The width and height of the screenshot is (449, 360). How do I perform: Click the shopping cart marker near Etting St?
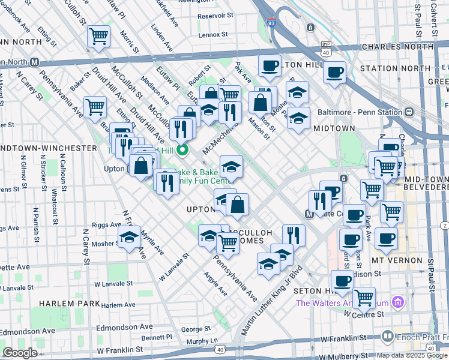click(99, 35)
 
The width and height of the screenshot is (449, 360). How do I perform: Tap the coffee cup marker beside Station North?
click(334, 73)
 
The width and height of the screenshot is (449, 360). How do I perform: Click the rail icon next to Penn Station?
click(409, 112)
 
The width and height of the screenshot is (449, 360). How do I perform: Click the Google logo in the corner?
click(20, 352)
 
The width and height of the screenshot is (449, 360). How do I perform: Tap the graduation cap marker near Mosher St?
click(129, 238)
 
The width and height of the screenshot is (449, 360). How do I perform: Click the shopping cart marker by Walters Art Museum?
click(363, 297)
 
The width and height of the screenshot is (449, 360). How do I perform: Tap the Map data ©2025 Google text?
click(412, 355)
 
